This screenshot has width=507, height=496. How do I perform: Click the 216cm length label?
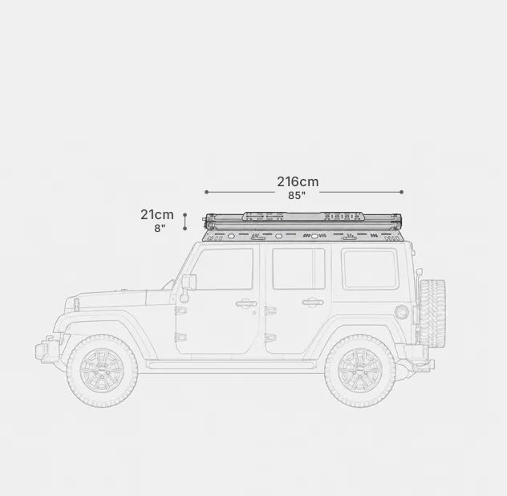coord(298,181)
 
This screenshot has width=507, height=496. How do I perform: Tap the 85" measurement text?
coord(297,195)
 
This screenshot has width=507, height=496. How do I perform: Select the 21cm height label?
coord(157,214)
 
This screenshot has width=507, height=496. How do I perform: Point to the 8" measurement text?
coord(160,228)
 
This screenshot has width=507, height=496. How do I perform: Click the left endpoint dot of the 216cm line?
coord(207,192)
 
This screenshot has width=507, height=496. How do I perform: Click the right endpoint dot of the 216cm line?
coord(402,192)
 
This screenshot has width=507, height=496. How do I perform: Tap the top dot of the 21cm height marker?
coord(185,214)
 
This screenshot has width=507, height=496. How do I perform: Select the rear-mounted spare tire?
coord(432,312)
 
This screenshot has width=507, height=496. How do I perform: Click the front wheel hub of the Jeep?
coord(102,371)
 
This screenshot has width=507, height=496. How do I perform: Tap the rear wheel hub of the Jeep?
coord(360,371)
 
